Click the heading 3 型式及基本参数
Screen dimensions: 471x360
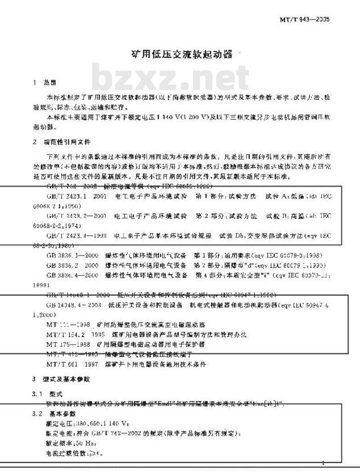pyautogui.click(x=61, y=379)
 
